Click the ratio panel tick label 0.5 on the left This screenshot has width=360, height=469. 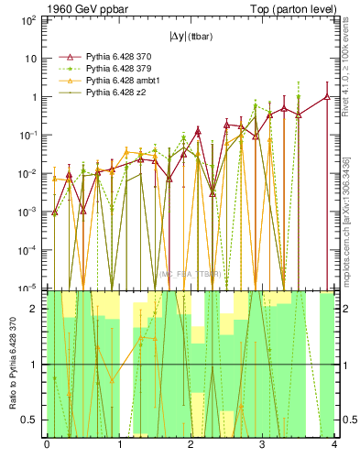click(x=31, y=420)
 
